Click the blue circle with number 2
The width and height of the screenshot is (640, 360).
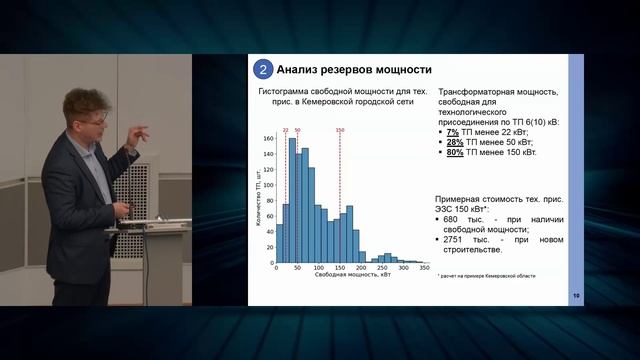click(262, 70)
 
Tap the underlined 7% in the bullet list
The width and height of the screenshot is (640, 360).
click(452, 132)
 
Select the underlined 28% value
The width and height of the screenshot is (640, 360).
click(454, 142)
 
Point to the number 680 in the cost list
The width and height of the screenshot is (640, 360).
click(453, 220)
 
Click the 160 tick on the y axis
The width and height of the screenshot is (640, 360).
click(268, 138)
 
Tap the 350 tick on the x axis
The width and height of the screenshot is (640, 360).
click(424, 269)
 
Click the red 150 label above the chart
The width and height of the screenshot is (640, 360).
click(340, 130)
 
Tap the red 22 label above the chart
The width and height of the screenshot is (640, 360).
click(285, 130)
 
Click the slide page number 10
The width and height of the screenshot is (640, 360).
click(576, 296)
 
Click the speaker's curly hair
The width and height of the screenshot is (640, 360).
click(83, 101)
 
